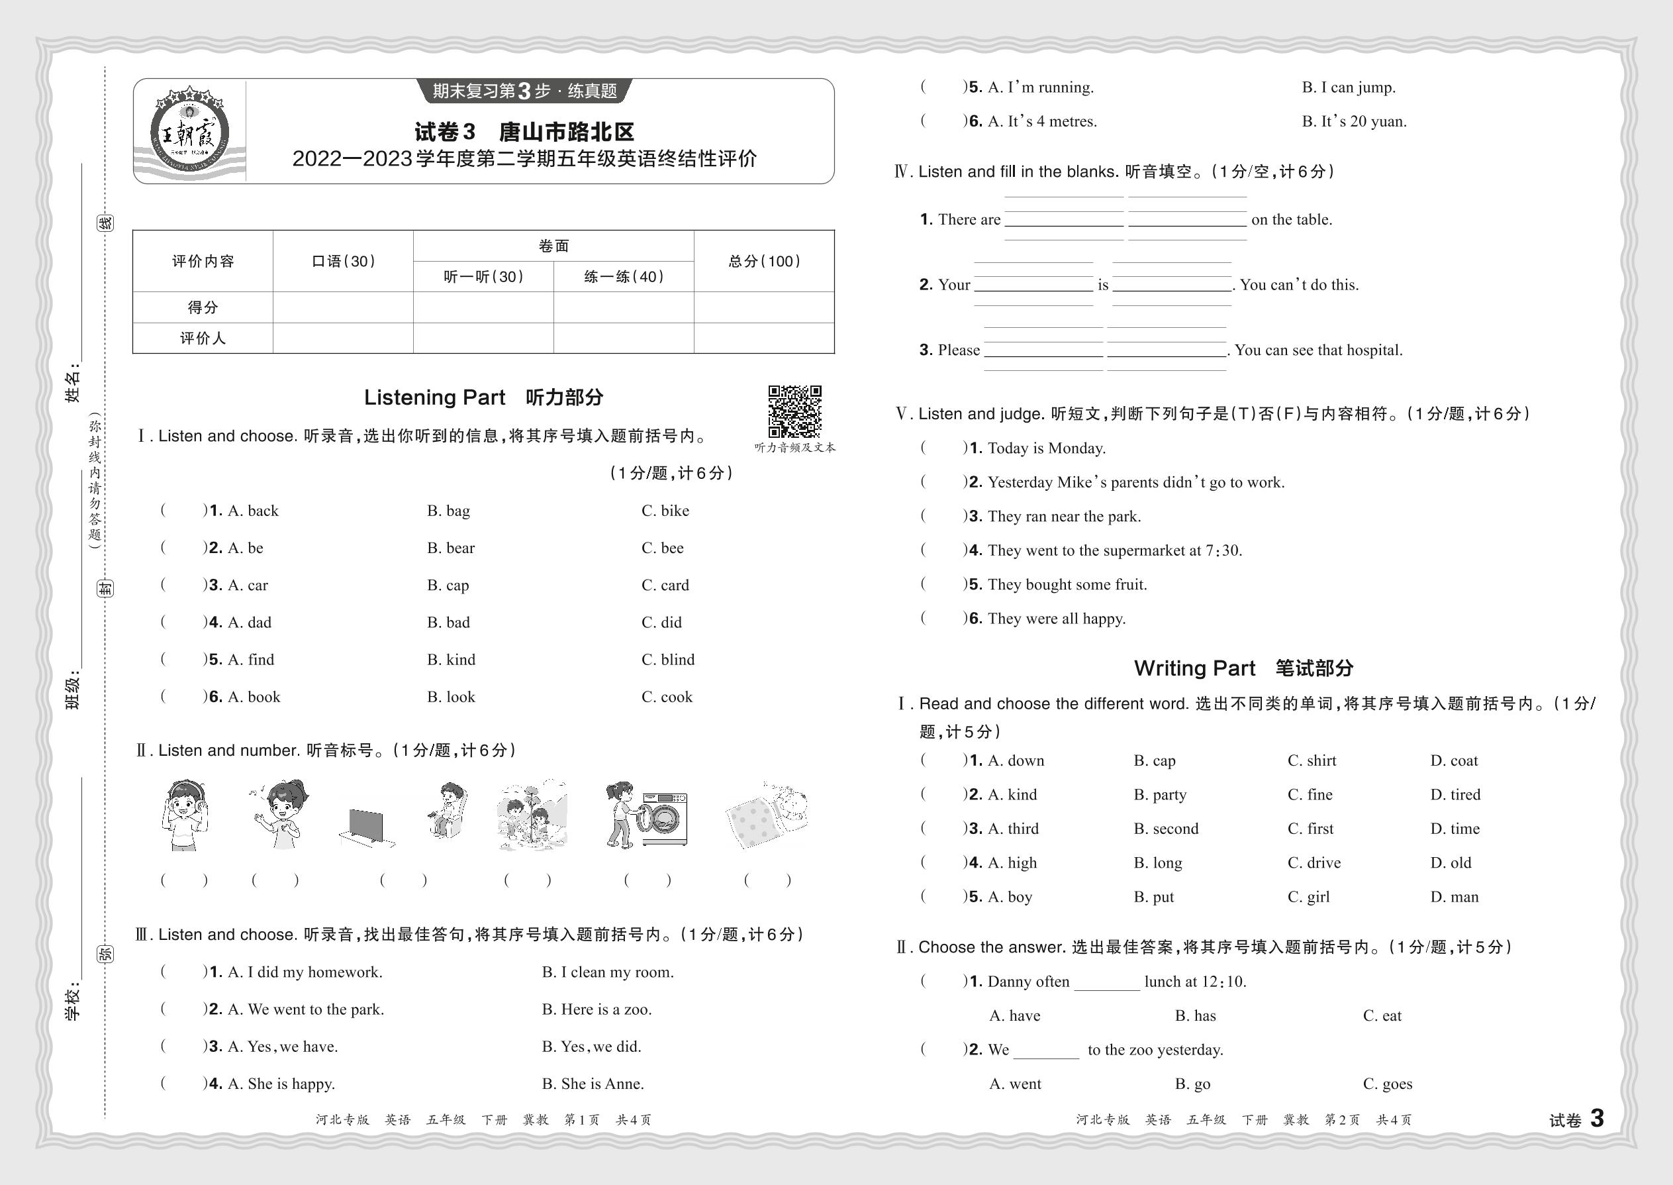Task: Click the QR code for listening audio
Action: (794, 411)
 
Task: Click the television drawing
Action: (366, 827)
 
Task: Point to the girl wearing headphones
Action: (185, 814)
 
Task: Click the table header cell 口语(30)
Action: (343, 261)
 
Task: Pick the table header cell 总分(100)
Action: (763, 261)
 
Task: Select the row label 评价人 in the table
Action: (203, 338)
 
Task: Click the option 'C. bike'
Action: (665, 511)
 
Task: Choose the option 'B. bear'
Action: (451, 548)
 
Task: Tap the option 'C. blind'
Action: (668, 660)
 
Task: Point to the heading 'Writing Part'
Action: (1194, 668)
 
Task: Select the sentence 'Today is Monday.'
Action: (1047, 448)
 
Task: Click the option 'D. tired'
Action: (1455, 795)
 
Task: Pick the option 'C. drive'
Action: (1314, 862)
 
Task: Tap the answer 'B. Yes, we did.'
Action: (591, 1047)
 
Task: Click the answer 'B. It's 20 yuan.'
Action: (1355, 121)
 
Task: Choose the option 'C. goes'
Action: (1387, 1084)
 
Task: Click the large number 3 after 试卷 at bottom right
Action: (1596, 1118)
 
